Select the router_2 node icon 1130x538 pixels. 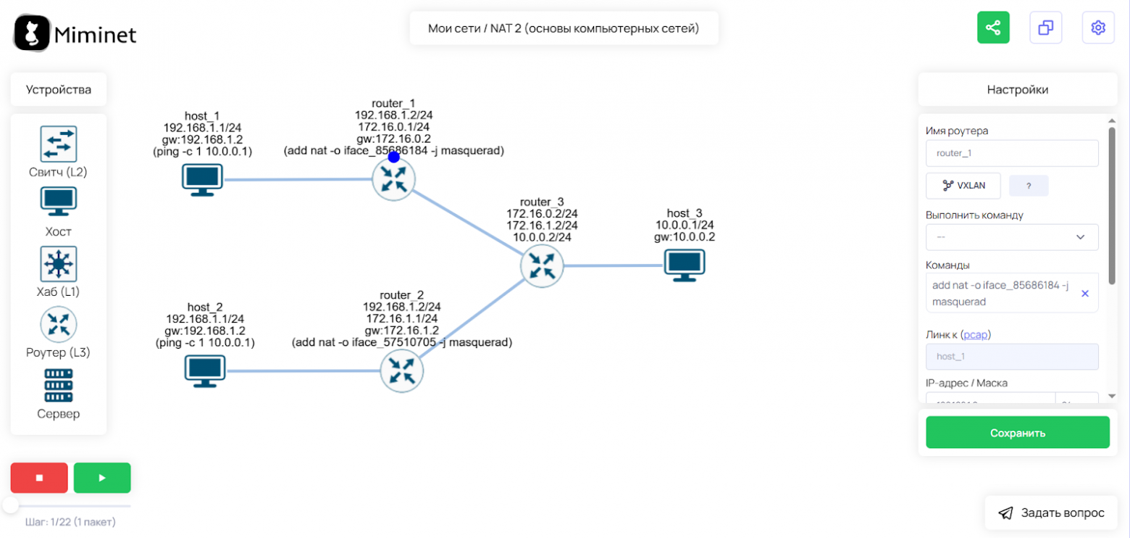click(x=401, y=371)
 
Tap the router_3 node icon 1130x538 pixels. click(x=541, y=265)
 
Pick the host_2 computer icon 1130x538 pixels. click(x=204, y=371)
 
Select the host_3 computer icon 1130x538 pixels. click(x=685, y=265)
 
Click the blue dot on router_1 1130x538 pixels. click(x=393, y=157)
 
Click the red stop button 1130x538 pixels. click(x=39, y=478)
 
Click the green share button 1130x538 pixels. click(x=993, y=28)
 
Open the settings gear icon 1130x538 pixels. click(x=1098, y=28)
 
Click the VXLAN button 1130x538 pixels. click(x=963, y=186)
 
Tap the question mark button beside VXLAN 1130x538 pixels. click(x=1029, y=186)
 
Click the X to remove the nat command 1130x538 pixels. click(x=1085, y=293)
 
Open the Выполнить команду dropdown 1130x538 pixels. click(x=1012, y=237)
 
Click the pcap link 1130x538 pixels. click(x=976, y=335)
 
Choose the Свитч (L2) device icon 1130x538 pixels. click(x=58, y=144)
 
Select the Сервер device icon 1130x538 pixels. click(x=58, y=386)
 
